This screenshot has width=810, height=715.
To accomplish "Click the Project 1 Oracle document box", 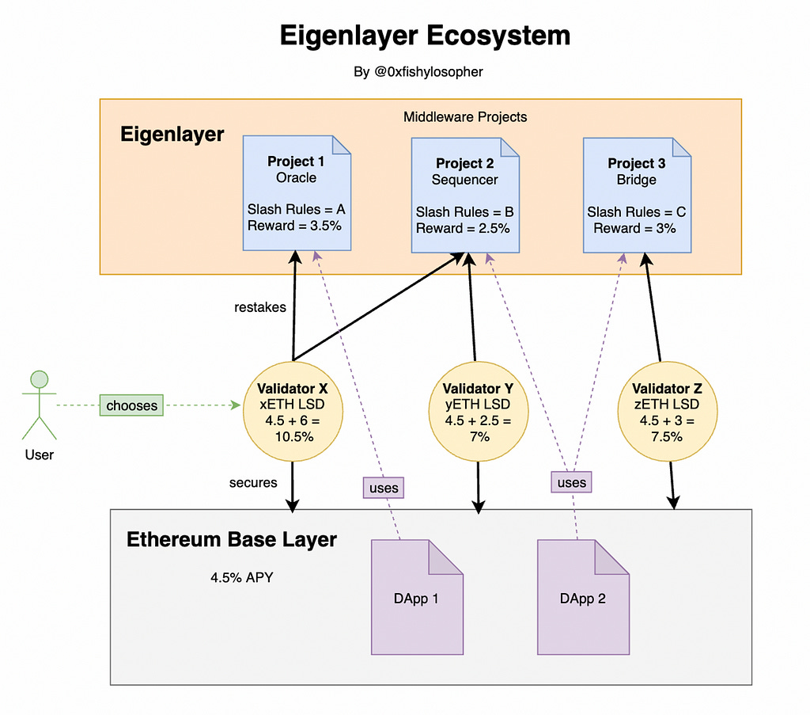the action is click(x=297, y=193).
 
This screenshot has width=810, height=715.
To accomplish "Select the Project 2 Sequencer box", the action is click(x=465, y=196).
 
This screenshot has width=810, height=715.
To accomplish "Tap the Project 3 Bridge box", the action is click(x=637, y=196).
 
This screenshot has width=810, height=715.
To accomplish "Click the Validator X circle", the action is click(x=293, y=412).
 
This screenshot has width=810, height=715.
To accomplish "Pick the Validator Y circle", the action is click(x=479, y=412).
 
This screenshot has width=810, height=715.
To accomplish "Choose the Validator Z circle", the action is click(x=668, y=412).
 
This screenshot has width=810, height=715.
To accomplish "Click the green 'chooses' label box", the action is click(x=132, y=405).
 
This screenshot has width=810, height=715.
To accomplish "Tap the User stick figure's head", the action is click(x=40, y=379).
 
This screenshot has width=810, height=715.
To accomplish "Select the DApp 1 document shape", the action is click(x=418, y=597).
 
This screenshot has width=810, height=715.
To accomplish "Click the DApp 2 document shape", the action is click(x=583, y=597).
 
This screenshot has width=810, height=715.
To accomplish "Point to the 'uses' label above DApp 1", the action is click(x=384, y=488).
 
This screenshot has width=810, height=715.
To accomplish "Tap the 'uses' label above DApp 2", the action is click(x=571, y=482).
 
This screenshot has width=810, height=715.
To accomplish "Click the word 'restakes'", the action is click(x=259, y=307).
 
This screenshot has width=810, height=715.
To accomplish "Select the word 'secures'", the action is click(x=253, y=482).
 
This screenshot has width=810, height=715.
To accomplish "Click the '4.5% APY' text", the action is click(x=242, y=577).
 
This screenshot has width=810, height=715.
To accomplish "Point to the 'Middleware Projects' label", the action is click(x=465, y=117).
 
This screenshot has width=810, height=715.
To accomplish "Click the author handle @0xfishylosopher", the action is click(x=428, y=71).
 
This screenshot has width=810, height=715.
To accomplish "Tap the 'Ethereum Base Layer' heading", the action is click(x=232, y=539).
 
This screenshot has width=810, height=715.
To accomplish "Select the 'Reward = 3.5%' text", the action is click(x=294, y=226).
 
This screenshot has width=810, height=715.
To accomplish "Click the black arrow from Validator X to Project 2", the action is click(x=379, y=306).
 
